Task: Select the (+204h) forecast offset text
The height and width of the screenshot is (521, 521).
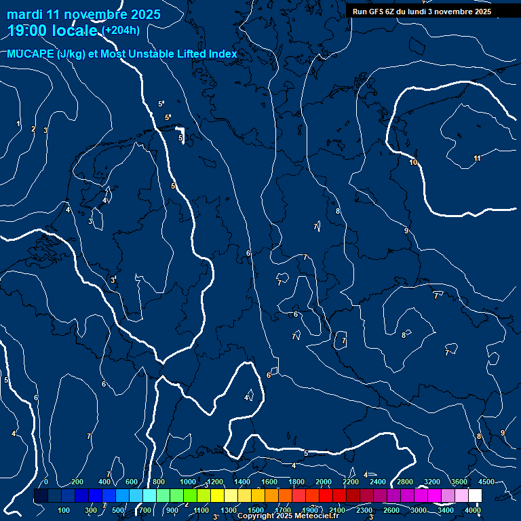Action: point(121,30)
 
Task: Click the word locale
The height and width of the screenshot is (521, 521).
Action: point(75,30)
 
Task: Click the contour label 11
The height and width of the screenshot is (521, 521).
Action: point(477,159)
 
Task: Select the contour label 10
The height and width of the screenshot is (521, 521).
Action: point(413,162)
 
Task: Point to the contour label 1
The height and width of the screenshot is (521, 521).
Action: point(19,123)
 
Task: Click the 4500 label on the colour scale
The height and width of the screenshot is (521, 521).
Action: point(486,482)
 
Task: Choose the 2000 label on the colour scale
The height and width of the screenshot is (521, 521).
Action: point(324,482)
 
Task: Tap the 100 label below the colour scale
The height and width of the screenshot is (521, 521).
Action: point(64,510)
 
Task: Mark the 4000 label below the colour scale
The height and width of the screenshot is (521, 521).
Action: point(474,510)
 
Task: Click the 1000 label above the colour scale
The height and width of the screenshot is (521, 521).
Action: point(188,482)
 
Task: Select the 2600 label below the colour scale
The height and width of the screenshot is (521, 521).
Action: point(391,510)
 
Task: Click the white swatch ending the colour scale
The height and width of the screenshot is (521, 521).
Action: point(475,496)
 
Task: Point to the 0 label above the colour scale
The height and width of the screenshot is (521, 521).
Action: point(46,482)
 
